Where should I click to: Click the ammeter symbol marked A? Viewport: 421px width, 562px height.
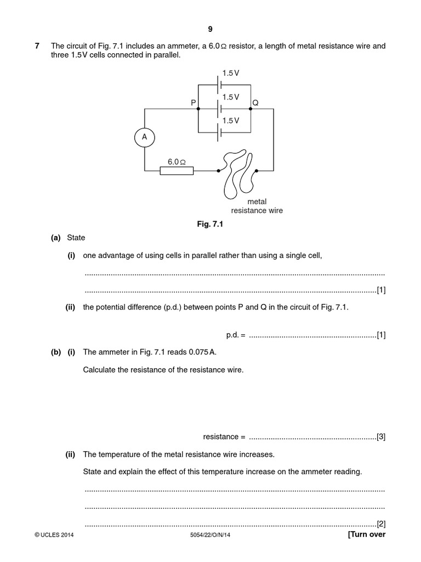pos(145,138)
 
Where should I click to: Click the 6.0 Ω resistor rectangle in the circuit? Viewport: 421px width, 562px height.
pos(177,171)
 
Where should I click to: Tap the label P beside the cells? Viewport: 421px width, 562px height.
pos(193,103)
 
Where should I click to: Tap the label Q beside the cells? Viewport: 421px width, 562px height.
pos(255,103)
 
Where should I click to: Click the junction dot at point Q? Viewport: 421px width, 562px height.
pos(251,109)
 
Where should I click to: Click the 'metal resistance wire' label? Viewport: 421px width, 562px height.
pos(257,206)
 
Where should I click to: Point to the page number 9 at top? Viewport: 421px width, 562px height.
pos(210,29)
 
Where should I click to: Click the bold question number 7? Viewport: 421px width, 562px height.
pos(37,46)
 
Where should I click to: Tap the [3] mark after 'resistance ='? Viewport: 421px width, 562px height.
pos(381,437)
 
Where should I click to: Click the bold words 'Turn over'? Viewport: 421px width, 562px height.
pos(368,534)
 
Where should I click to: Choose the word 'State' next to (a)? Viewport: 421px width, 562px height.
pos(76,238)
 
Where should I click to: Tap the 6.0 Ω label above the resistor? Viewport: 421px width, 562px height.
pos(177,162)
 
